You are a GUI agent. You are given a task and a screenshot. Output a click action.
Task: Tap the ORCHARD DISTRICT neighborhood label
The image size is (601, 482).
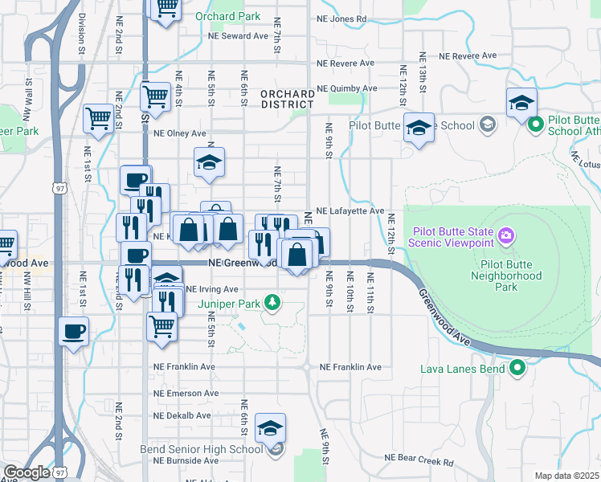[287, 100]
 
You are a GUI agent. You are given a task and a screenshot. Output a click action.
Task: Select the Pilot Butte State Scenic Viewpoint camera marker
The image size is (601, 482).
[506, 235]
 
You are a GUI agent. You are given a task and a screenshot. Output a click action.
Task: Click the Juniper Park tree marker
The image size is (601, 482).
[273, 303]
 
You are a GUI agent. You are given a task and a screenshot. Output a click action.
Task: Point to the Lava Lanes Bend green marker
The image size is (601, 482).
[517, 369]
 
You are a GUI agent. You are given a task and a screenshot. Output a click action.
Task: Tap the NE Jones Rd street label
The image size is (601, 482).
[341, 18]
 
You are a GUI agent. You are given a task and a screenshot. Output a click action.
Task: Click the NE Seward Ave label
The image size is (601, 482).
[237, 36]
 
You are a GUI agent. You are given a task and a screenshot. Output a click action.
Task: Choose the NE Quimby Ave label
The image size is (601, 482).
[347, 88]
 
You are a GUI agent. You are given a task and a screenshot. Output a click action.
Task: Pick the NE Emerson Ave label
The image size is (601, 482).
[186, 394]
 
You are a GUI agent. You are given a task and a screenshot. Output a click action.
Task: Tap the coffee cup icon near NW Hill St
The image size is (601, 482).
[74, 331]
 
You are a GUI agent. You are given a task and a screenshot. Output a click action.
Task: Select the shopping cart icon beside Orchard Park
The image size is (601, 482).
[166, 9]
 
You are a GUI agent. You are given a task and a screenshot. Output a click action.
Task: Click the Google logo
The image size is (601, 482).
[27, 472]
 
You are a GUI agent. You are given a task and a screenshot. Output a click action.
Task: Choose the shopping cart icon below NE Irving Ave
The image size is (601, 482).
[162, 326]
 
